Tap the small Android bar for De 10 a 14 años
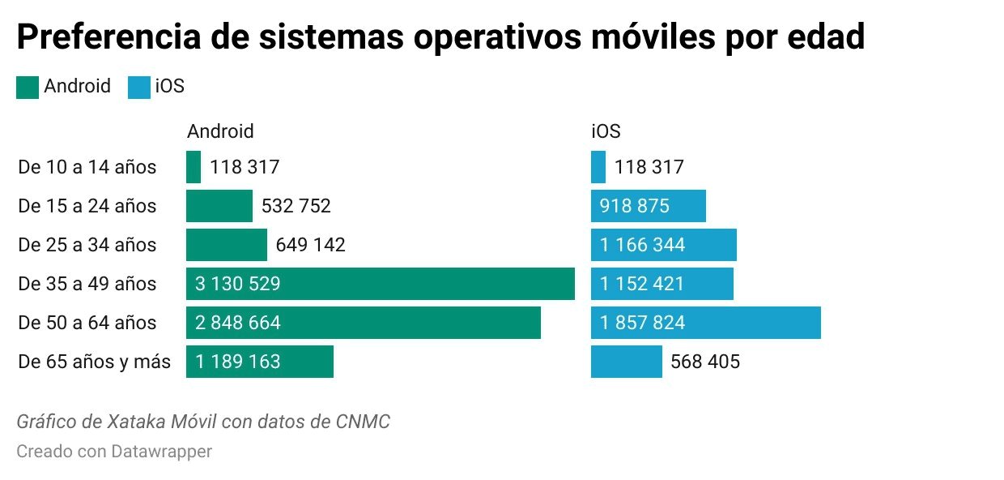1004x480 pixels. coord(194,167)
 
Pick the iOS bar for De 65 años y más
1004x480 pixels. coord(626,362)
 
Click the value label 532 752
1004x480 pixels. coord(296,206)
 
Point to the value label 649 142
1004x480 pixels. coord(310,245)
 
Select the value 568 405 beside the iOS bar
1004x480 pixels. coord(704,362)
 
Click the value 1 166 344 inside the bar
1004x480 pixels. coord(642,245)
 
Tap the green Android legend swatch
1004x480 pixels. coord(27,88)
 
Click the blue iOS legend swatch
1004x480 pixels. coord(138,88)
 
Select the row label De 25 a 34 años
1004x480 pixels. coord(87,245)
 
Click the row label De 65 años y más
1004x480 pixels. coord(94,362)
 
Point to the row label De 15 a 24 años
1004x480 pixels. coord(87,206)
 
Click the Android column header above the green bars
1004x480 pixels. coord(220,131)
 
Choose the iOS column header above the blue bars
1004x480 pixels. coord(606,131)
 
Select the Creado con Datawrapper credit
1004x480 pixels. coord(114,451)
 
